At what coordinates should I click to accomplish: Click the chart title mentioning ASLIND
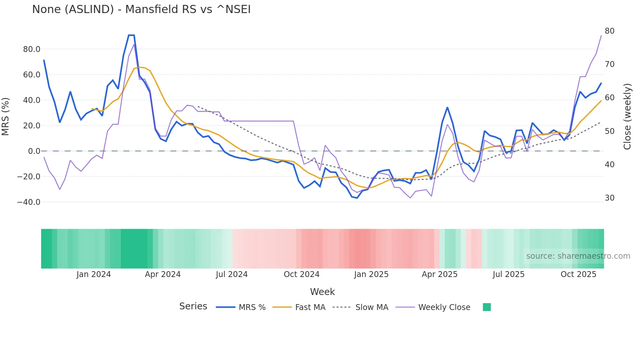point(141,9)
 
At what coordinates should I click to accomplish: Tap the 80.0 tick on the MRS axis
point(32,49)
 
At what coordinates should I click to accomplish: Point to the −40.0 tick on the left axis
point(29,202)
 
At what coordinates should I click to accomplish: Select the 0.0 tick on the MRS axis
point(34,151)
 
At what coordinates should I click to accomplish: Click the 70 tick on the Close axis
point(609,64)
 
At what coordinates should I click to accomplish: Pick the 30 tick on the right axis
point(609,198)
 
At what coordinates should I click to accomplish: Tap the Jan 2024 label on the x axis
point(94,274)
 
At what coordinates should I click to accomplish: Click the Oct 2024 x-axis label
point(301,274)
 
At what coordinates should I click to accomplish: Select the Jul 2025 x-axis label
point(508,274)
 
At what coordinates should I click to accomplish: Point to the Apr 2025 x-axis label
point(440,274)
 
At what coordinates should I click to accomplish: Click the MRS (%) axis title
point(6,117)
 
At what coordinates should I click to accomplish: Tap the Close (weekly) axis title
point(627,117)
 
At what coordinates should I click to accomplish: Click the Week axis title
point(322,292)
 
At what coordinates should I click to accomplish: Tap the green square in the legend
point(487,307)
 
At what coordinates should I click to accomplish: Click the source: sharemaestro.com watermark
point(578,256)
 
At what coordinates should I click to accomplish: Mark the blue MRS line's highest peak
point(131,35)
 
